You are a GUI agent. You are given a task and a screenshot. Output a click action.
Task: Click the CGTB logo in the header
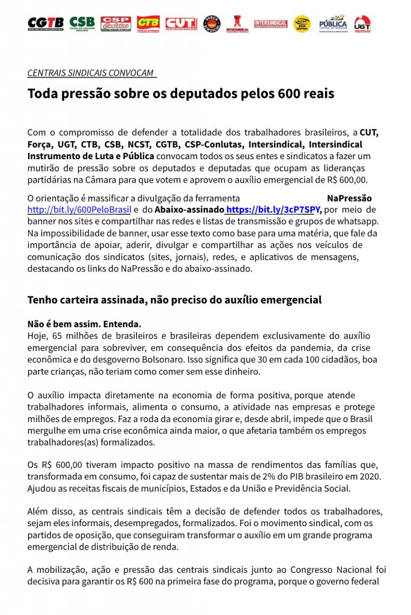pos(45,23)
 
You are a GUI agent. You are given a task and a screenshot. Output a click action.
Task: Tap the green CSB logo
pos(82,23)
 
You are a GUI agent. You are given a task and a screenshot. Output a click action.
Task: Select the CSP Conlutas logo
pos(115,23)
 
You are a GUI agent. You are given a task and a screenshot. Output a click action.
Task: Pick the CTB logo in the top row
pos(148,23)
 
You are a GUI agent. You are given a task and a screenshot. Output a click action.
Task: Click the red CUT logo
pos(180,23)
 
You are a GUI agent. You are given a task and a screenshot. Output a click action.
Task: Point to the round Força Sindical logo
pos(212,23)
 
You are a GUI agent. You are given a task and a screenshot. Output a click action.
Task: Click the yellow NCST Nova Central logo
pos(302,23)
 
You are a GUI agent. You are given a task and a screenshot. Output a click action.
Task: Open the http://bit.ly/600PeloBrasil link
pos(79,210)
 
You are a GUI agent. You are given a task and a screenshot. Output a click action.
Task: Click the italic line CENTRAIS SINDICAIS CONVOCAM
pos(90,73)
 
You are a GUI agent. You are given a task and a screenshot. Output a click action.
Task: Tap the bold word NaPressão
pos(349,198)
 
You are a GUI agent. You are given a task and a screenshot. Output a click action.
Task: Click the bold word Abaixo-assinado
pos(189,210)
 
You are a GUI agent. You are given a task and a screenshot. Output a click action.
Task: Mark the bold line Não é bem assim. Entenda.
pos(84,323)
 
